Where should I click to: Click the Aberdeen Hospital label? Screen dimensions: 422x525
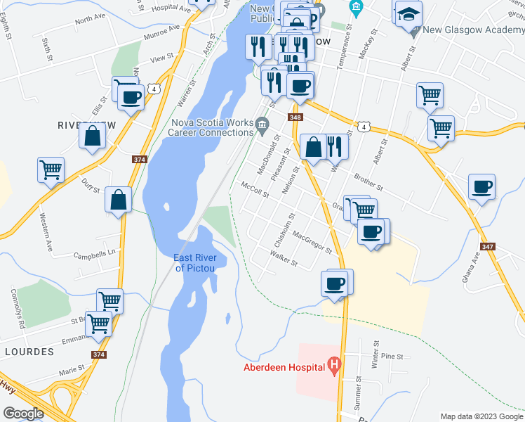point(284,367)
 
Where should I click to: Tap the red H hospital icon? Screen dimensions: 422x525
point(334,366)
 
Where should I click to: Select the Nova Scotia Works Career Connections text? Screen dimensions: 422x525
point(212,127)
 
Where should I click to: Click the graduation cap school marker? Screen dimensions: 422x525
point(408,13)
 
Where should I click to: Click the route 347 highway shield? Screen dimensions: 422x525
point(489,247)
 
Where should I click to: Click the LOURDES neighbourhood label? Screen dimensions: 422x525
point(29,350)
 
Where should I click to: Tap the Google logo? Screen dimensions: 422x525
point(23,414)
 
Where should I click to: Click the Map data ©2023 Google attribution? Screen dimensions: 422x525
point(481,416)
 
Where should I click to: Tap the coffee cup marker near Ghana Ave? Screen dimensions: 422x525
point(481,188)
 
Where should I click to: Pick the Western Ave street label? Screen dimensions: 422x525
point(47,224)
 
